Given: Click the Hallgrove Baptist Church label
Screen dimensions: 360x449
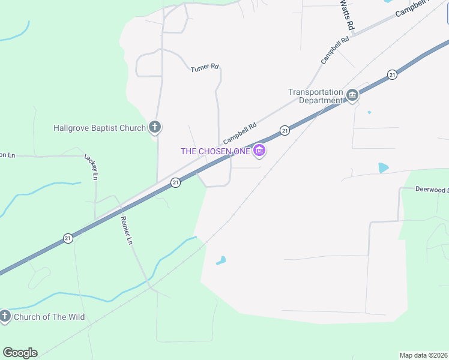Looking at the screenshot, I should click(100, 128).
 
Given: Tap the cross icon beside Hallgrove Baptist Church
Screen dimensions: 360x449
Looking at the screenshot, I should click(155, 127).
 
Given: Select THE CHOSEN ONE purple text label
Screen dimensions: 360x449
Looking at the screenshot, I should click(215, 151).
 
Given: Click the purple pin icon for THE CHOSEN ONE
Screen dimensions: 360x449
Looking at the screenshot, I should click(259, 151).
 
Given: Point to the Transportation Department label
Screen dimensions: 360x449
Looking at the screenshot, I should click(315, 96).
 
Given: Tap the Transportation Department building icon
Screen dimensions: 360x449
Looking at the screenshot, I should click(352, 95).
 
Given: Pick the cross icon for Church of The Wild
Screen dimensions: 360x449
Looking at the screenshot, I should click(5, 316).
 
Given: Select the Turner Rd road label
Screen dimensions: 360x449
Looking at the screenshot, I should click(204, 68).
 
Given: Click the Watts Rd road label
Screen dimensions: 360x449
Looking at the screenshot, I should click(346, 16).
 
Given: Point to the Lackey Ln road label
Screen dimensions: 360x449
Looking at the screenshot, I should click(91, 167).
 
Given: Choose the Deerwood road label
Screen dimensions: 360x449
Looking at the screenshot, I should click(432, 189).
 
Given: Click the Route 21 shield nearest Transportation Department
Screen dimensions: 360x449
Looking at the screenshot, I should click(392, 74).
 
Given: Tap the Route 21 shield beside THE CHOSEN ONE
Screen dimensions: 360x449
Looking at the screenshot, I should click(285, 130).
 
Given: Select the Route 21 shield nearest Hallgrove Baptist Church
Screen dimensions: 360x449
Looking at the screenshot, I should click(175, 182).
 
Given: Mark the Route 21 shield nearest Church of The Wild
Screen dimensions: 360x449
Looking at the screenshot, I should click(68, 239).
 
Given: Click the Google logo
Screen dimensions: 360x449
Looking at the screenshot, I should click(20, 353).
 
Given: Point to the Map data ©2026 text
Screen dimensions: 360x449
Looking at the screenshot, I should click(424, 355).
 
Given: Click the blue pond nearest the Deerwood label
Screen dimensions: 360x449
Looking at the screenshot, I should click(383, 168).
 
